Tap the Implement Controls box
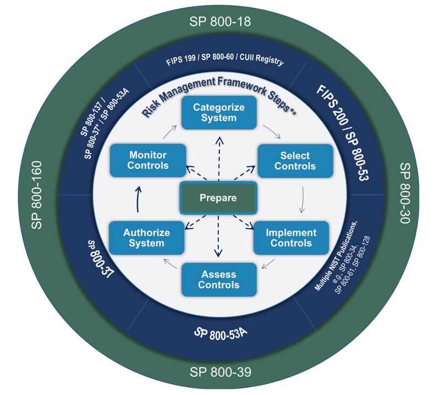click(291, 238)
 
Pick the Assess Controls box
click(219, 279)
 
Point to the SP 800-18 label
click(220, 22)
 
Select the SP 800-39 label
click(220, 372)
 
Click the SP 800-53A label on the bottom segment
click(220, 334)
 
